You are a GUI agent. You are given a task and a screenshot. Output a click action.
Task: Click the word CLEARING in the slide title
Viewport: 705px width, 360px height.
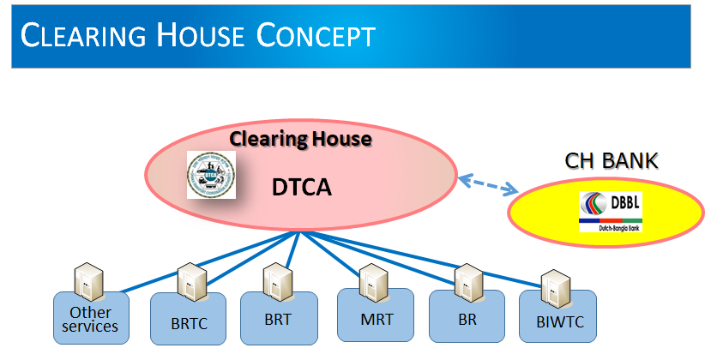(x=75, y=36)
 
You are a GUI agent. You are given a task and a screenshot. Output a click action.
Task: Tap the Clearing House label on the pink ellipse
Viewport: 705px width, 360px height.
(x=300, y=138)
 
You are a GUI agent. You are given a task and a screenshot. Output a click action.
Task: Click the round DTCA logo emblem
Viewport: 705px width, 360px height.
(x=211, y=176)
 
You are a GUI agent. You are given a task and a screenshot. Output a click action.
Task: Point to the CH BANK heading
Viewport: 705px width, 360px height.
(x=610, y=160)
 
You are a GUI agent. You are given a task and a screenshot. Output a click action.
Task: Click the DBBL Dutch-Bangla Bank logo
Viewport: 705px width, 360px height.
(x=611, y=212)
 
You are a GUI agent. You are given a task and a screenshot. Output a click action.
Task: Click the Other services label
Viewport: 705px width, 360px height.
(x=92, y=319)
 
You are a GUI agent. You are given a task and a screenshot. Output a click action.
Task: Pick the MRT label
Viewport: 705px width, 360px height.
(x=377, y=320)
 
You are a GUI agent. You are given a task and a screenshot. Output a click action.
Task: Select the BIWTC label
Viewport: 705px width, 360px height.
(x=557, y=325)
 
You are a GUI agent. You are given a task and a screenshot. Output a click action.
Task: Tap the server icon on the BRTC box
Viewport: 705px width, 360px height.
(x=190, y=280)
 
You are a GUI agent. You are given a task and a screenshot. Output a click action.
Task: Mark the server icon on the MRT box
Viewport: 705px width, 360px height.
(x=374, y=279)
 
